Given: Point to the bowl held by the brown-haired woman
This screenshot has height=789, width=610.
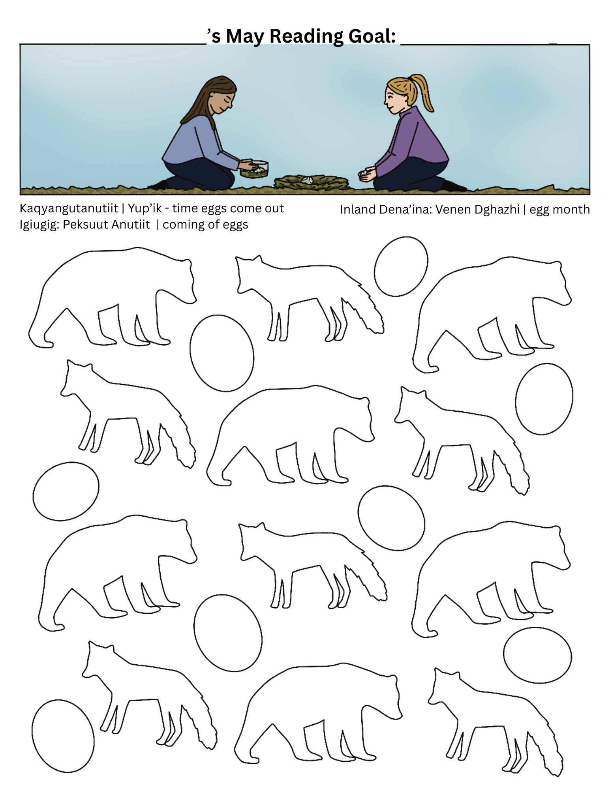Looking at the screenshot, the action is (x=254, y=169).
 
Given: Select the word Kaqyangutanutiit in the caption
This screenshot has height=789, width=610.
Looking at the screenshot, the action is (x=69, y=208).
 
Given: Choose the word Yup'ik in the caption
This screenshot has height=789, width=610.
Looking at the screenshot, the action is (x=145, y=208).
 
